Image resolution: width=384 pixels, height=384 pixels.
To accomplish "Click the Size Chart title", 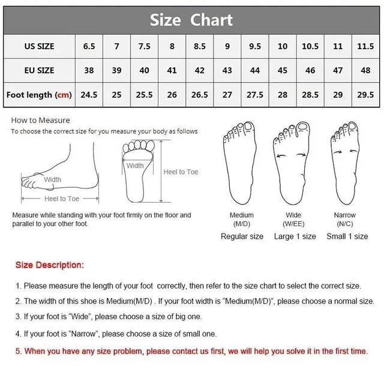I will coord(191,20).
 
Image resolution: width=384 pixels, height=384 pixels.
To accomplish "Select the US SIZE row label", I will coord(39,46).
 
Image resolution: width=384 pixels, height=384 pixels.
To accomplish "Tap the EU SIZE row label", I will coord(39,70).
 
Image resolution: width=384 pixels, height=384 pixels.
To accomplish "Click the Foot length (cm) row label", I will coord(39,95).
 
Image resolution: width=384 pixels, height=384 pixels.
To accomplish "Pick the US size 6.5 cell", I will coord(89,46).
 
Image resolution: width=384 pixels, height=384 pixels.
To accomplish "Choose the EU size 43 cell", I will coord(227,70).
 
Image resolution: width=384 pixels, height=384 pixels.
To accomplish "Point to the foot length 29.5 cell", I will coord(365,95).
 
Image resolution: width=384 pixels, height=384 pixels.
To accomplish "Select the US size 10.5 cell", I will coord(310,46).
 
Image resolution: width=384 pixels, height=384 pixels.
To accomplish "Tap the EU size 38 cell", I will coord(89,70).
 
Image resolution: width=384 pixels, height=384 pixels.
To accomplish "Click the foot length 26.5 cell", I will coord(200,95).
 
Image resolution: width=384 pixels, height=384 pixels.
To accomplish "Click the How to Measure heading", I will coord(40,120).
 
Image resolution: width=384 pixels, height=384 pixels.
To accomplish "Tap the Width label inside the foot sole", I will coord(135,166).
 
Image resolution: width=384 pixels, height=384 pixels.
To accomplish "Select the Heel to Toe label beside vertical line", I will coord(181,172).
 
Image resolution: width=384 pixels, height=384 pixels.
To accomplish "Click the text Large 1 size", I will coord(295,236).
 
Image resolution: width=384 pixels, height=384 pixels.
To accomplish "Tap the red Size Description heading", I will coord(50,265).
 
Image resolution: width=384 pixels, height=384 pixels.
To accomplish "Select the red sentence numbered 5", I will coord(191,351).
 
